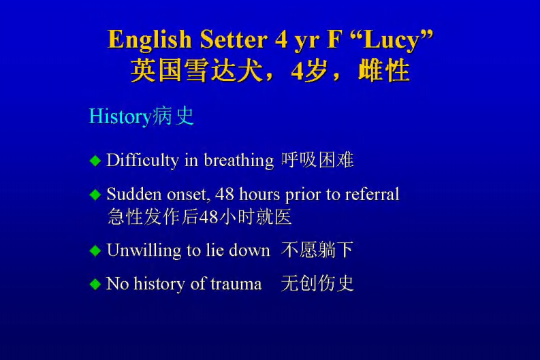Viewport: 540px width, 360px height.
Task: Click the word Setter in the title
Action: coord(234,39)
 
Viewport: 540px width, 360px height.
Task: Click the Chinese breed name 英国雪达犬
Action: coord(197,71)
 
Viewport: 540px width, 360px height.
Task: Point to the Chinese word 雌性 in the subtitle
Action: coord(383,71)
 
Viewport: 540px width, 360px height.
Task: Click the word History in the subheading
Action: coord(120,116)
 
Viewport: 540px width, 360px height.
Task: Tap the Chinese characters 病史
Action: coord(173,116)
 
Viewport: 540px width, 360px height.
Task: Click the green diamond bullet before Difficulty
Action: coord(95,161)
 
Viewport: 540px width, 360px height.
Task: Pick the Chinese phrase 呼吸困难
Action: coord(317,161)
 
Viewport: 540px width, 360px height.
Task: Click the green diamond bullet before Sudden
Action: coord(95,195)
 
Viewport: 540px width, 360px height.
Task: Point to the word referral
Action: coord(372,195)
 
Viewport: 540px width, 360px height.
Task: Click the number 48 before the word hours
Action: coord(225,195)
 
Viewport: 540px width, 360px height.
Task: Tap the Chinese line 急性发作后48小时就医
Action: coord(200,217)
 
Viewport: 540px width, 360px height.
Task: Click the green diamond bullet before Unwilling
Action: coord(95,250)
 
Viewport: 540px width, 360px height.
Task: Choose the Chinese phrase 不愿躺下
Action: coord(317,250)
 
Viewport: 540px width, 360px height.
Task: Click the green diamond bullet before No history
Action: coord(95,284)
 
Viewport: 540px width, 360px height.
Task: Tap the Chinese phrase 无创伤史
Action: coord(317,284)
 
